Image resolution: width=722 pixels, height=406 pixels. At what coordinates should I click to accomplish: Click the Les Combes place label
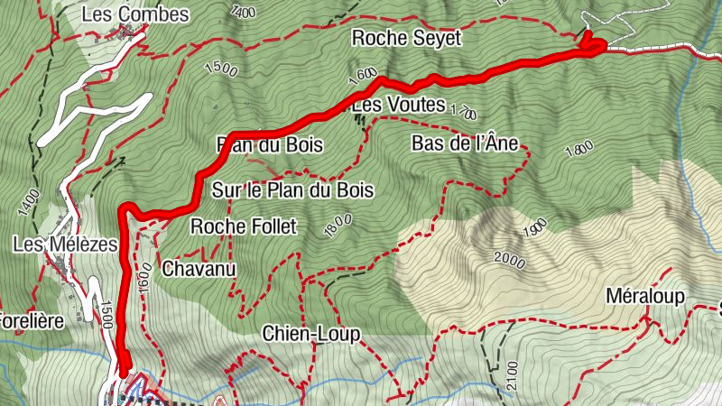134,14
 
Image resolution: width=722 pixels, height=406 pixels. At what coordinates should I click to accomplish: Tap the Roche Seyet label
406,38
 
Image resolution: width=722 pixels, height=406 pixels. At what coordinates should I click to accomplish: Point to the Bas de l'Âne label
468,143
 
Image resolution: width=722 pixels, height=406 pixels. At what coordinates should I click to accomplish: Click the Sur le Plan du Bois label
292,190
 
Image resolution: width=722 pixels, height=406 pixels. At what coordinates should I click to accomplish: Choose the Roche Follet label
243,226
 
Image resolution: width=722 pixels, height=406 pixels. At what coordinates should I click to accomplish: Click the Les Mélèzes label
66,244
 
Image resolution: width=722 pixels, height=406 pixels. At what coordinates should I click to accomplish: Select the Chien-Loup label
311,334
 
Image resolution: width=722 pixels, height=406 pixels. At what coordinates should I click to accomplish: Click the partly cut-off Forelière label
32,321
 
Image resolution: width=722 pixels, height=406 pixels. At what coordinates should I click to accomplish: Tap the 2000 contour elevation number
509,260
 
